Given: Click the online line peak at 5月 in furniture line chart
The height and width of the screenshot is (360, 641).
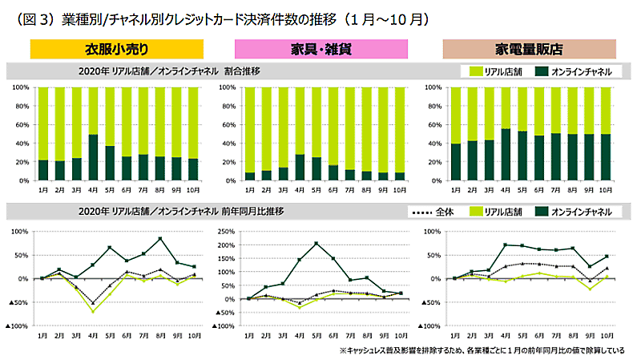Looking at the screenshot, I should (x=316, y=243).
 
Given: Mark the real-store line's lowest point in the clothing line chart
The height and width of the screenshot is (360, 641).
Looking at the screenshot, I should (x=93, y=311).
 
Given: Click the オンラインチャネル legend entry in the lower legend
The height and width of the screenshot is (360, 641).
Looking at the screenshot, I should (x=579, y=211).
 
